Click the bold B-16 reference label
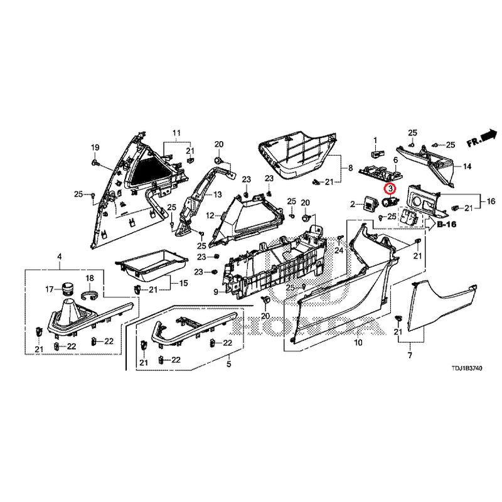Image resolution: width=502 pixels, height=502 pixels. (x=447, y=223)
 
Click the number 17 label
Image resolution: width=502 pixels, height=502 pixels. (x=49, y=289)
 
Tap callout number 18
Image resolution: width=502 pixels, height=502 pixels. (x=89, y=278)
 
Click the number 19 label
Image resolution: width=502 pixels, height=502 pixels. (x=95, y=147)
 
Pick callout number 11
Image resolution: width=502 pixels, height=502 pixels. (x=176, y=132)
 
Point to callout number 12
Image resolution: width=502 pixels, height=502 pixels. (x=210, y=216)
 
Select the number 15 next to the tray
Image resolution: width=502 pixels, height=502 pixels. (x=184, y=284)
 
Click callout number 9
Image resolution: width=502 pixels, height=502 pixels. (x=215, y=292)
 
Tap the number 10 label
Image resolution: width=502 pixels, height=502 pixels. (x=358, y=343)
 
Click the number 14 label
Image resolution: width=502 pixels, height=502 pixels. (x=467, y=166)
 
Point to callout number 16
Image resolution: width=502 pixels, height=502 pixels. (x=491, y=201)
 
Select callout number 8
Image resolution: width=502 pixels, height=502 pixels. (x=351, y=168)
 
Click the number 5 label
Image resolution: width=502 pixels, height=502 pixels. (x=228, y=364)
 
